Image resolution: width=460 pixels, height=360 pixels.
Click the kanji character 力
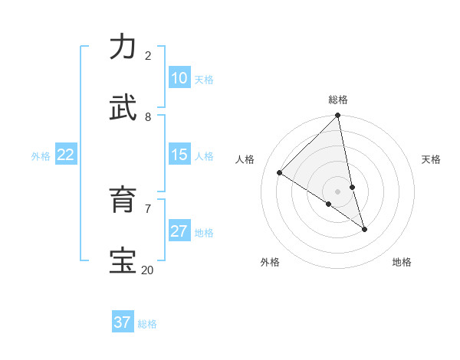point(123,47)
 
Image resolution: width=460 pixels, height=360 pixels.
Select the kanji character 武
point(123,108)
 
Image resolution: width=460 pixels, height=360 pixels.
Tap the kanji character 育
point(123,200)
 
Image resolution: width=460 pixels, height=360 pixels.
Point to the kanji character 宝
point(123,261)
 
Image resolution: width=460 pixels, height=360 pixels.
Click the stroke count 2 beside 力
point(148,56)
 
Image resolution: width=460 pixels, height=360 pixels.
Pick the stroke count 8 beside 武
point(148,117)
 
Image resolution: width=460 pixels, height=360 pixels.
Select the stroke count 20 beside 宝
point(147,270)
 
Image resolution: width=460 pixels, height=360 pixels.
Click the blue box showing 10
point(179,78)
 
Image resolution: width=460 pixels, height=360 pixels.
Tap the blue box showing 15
point(179,155)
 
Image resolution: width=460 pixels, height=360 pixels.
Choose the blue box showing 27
point(179,231)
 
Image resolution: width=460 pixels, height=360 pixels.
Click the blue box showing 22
point(66,155)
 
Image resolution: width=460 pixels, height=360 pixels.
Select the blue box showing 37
point(123,322)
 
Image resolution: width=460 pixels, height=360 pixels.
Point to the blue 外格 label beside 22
point(41,156)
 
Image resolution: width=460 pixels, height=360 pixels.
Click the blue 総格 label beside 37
point(147,324)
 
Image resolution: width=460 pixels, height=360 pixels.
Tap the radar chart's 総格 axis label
point(338,100)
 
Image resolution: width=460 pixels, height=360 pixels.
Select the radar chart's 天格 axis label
point(431,159)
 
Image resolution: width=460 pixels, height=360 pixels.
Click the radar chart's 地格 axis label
point(402,262)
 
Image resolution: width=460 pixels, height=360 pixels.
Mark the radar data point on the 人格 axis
point(280,173)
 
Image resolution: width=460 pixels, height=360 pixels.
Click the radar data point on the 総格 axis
point(338,116)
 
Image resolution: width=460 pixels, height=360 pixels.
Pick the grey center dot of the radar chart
point(338,191)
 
